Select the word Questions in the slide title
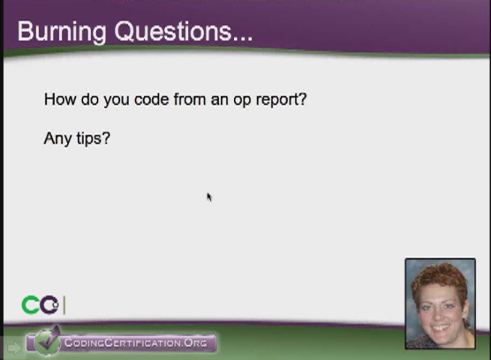[172, 31]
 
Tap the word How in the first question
[58, 99]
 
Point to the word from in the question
[190, 99]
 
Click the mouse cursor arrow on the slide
[208, 196]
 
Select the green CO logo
[40, 305]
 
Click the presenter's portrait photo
[440, 304]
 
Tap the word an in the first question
[219, 100]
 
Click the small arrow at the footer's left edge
[13, 347]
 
